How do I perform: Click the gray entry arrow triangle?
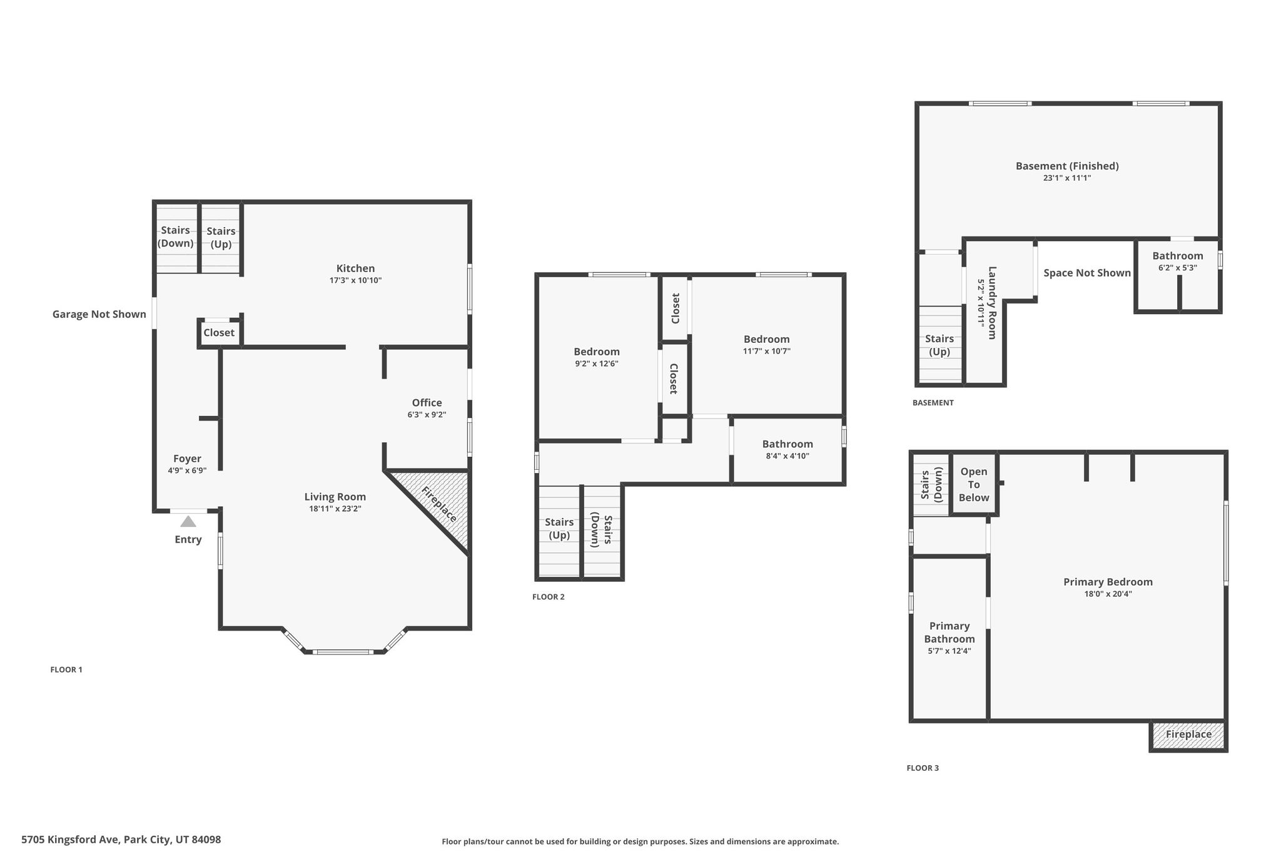click(x=188, y=521)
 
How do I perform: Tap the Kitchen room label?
click(x=355, y=268)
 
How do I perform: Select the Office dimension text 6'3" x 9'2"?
click(x=427, y=415)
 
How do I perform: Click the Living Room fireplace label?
click(x=439, y=504)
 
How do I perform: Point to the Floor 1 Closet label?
click(x=219, y=333)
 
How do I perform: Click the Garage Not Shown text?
click(x=99, y=314)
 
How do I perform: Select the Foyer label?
click(x=187, y=459)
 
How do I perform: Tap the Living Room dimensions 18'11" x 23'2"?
click(x=335, y=509)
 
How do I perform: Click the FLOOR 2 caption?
click(x=549, y=597)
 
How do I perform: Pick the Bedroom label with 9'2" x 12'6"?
click(x=597, y=352)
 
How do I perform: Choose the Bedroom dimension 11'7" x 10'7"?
click(x=767, y=351)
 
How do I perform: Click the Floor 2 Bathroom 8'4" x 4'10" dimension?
click(x=787, y=456)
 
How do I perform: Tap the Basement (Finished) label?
click(x=1067, y=166)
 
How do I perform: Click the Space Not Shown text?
click(x=1087, y=273)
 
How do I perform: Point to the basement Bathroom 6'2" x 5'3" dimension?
click(x=1178, y=268)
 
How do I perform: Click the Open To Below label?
click(x=974, y=485)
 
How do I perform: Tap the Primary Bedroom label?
click(x=1108, y=582)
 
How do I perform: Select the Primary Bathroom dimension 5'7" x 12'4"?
click(x=949, y=651)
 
